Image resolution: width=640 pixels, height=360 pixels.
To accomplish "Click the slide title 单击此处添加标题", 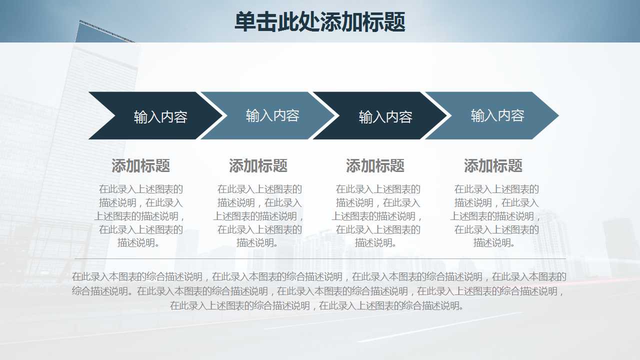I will pyautogui.click(x=319, y=22).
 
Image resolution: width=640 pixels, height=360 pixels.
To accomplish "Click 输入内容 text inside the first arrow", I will pyautogui.click(x=160, y=117).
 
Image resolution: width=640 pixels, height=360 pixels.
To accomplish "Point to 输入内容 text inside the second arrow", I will pyautogui.click(x=272, y=116).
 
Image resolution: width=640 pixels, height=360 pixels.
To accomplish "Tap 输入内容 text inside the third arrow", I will pyautogui.click(x=385, y=117).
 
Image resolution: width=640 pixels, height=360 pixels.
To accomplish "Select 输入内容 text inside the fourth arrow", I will pyautogui.click(x=497, y=116).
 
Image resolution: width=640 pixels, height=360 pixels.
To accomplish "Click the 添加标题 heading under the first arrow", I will pyautogui.click(x=140, y=165).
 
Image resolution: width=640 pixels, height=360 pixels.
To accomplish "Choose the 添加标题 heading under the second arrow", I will pyautogui.click(x=258, y=165).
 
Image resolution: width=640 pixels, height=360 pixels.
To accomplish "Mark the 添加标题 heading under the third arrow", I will pyautogui.click(x=375, y=165).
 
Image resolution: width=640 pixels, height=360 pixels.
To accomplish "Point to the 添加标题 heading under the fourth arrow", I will pyautogui.click(x=493, y=165).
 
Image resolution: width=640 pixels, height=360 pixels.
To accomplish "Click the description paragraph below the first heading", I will pyautogui.click(x=140, y=216).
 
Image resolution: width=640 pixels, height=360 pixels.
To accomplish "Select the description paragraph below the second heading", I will pyautogui.click(x=258, y=216).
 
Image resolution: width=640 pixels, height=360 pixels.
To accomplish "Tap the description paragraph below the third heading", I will pyautogui.click(x=377, y=216).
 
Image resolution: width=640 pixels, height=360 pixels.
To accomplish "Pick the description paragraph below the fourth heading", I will pyautogui.click(x=495, y=216).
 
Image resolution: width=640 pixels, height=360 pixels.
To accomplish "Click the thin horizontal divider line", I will pyautogui.click(x=320, y=258).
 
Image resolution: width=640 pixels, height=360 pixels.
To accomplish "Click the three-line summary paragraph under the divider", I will pyautogui.click(x=319, y=291).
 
